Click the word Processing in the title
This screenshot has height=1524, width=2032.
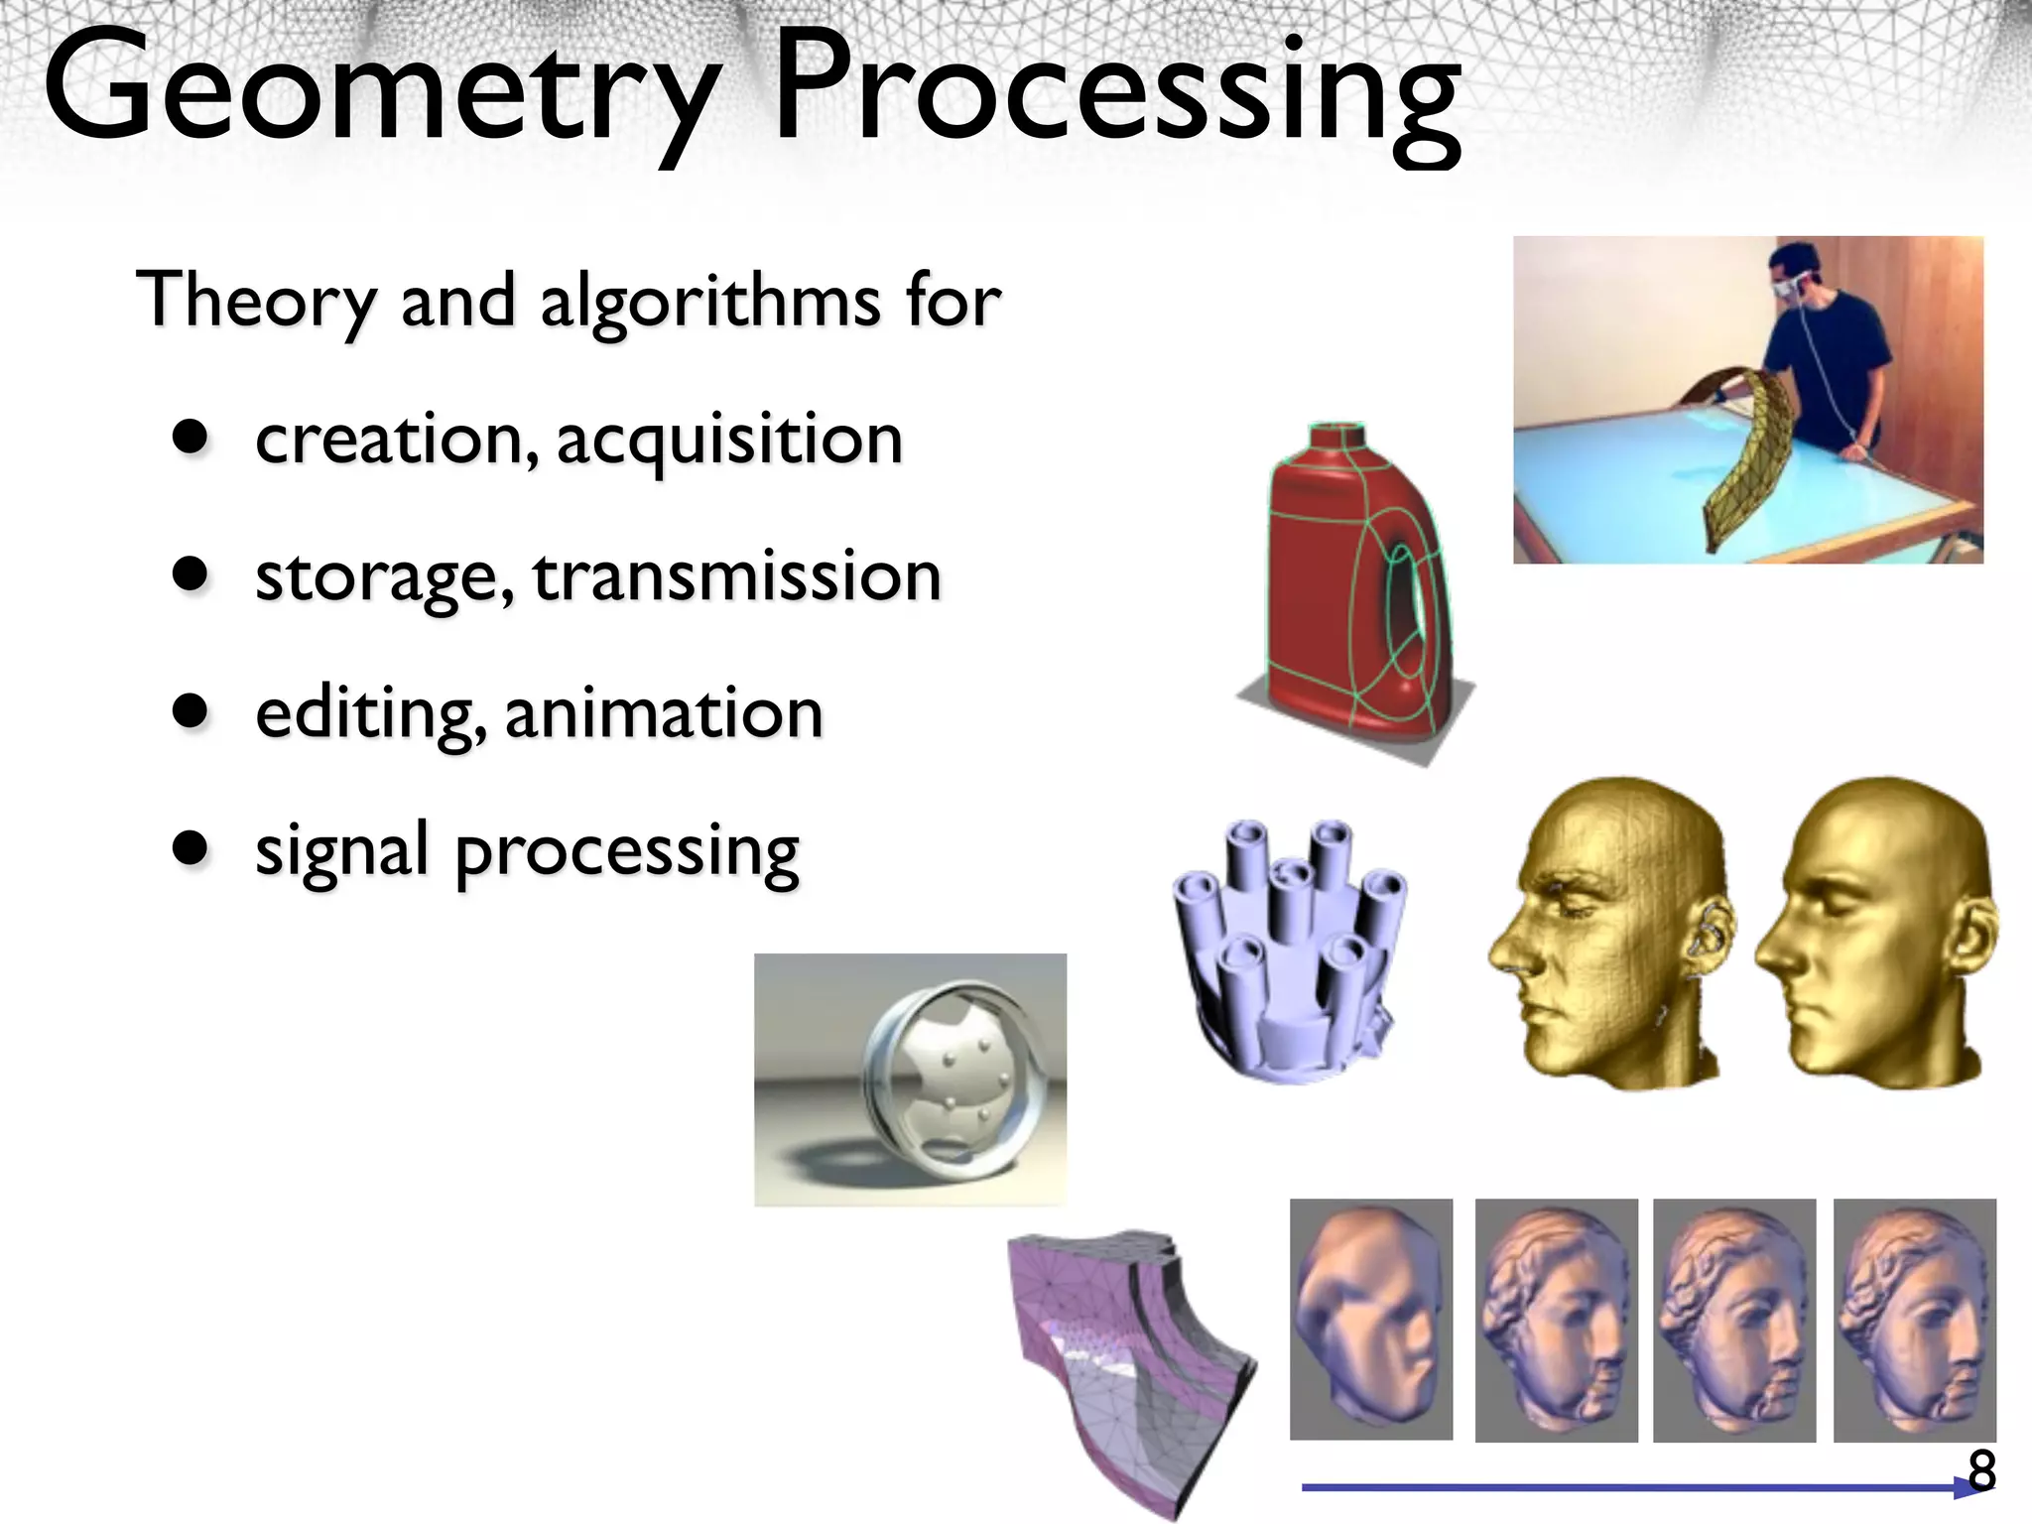1116,94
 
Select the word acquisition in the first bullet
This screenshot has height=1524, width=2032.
729,440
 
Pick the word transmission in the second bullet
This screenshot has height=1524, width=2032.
736,577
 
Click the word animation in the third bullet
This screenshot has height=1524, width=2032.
664,713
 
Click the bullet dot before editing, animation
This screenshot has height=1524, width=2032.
190,711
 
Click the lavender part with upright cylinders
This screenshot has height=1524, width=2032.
1290,952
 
